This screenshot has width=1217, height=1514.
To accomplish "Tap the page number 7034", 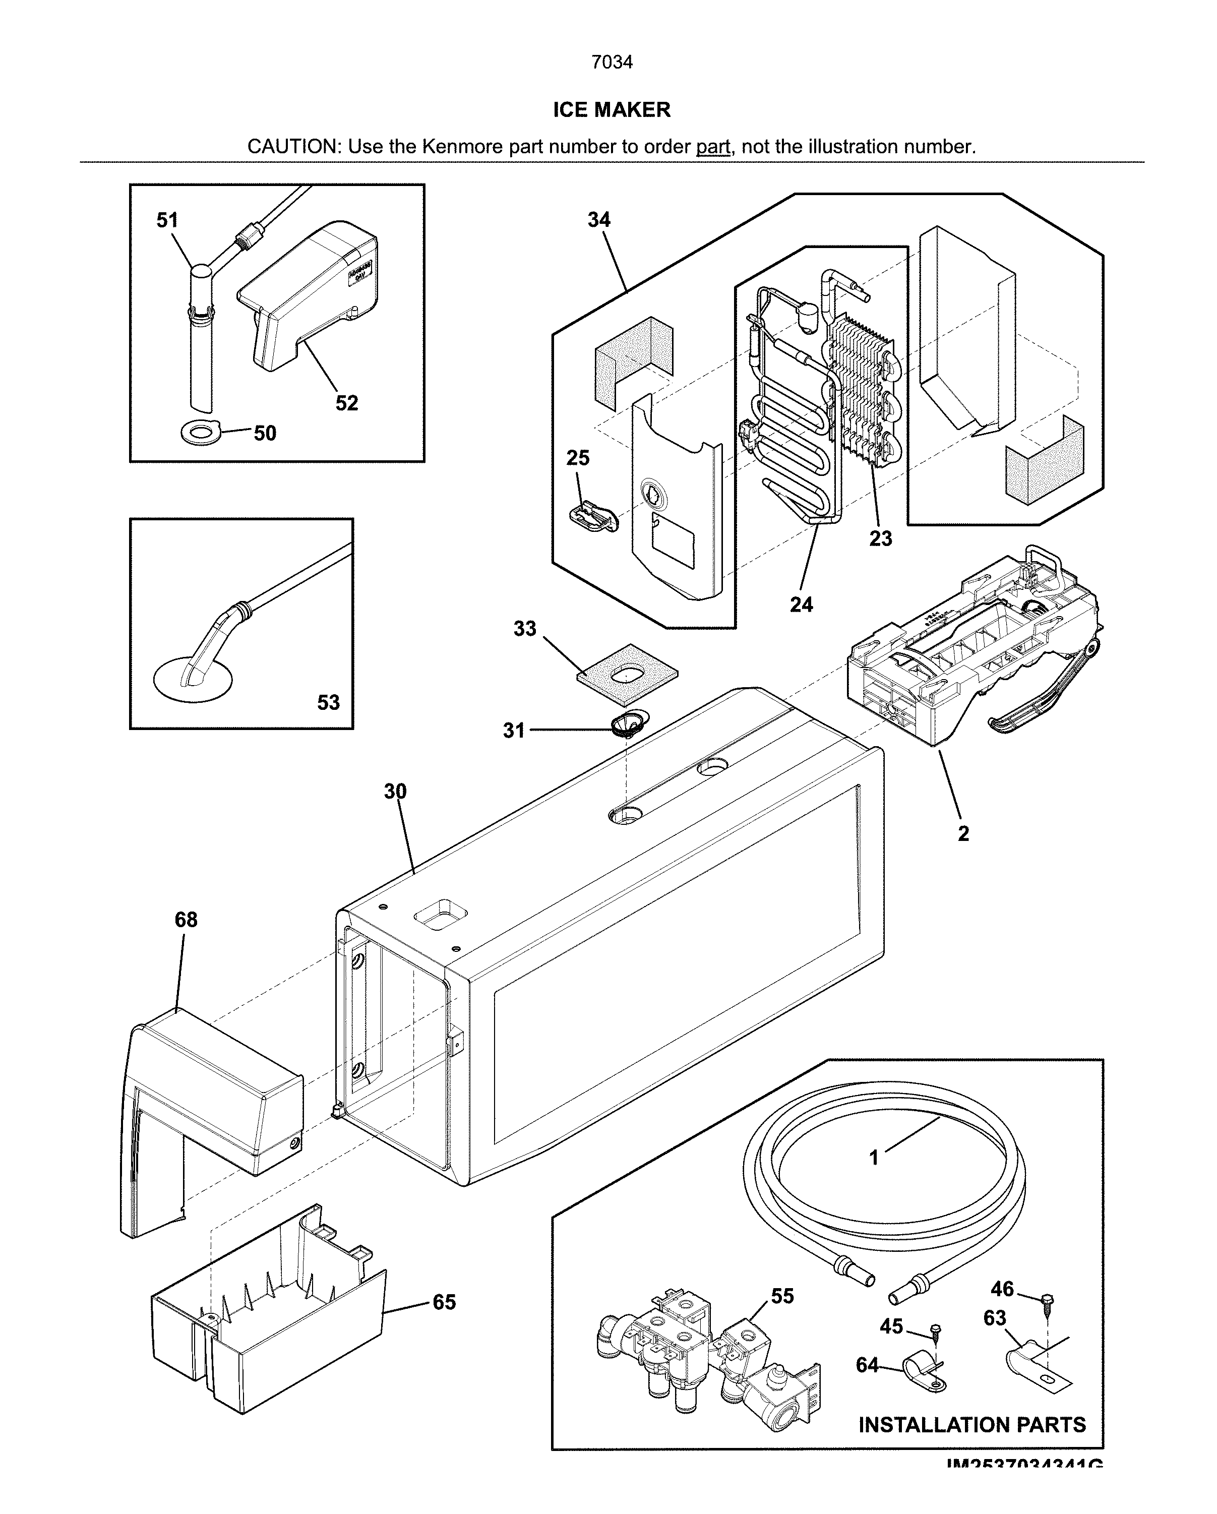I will point(611,63).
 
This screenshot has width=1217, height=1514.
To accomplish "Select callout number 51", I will point(167,220).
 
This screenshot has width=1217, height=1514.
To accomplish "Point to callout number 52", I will point(346,403).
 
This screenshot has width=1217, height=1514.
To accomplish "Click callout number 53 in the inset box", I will point(328,702).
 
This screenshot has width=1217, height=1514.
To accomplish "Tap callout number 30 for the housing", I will point(395,792).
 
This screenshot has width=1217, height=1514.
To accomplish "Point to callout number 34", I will point(598,220).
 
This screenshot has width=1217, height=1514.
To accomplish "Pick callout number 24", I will point(801,604).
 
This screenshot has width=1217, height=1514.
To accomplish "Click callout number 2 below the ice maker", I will point(963,833).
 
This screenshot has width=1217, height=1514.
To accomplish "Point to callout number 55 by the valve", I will point(781,1296).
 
